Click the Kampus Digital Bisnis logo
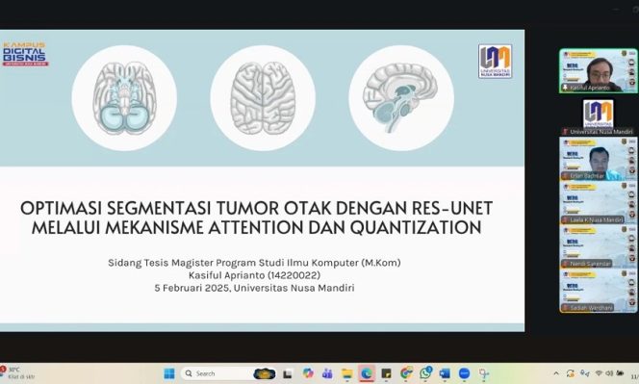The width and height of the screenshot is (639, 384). (24, 54)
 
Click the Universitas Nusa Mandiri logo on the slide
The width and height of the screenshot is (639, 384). (495, 61)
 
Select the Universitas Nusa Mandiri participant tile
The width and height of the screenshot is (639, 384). (599, 115)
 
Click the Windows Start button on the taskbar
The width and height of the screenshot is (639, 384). (168, 373)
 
